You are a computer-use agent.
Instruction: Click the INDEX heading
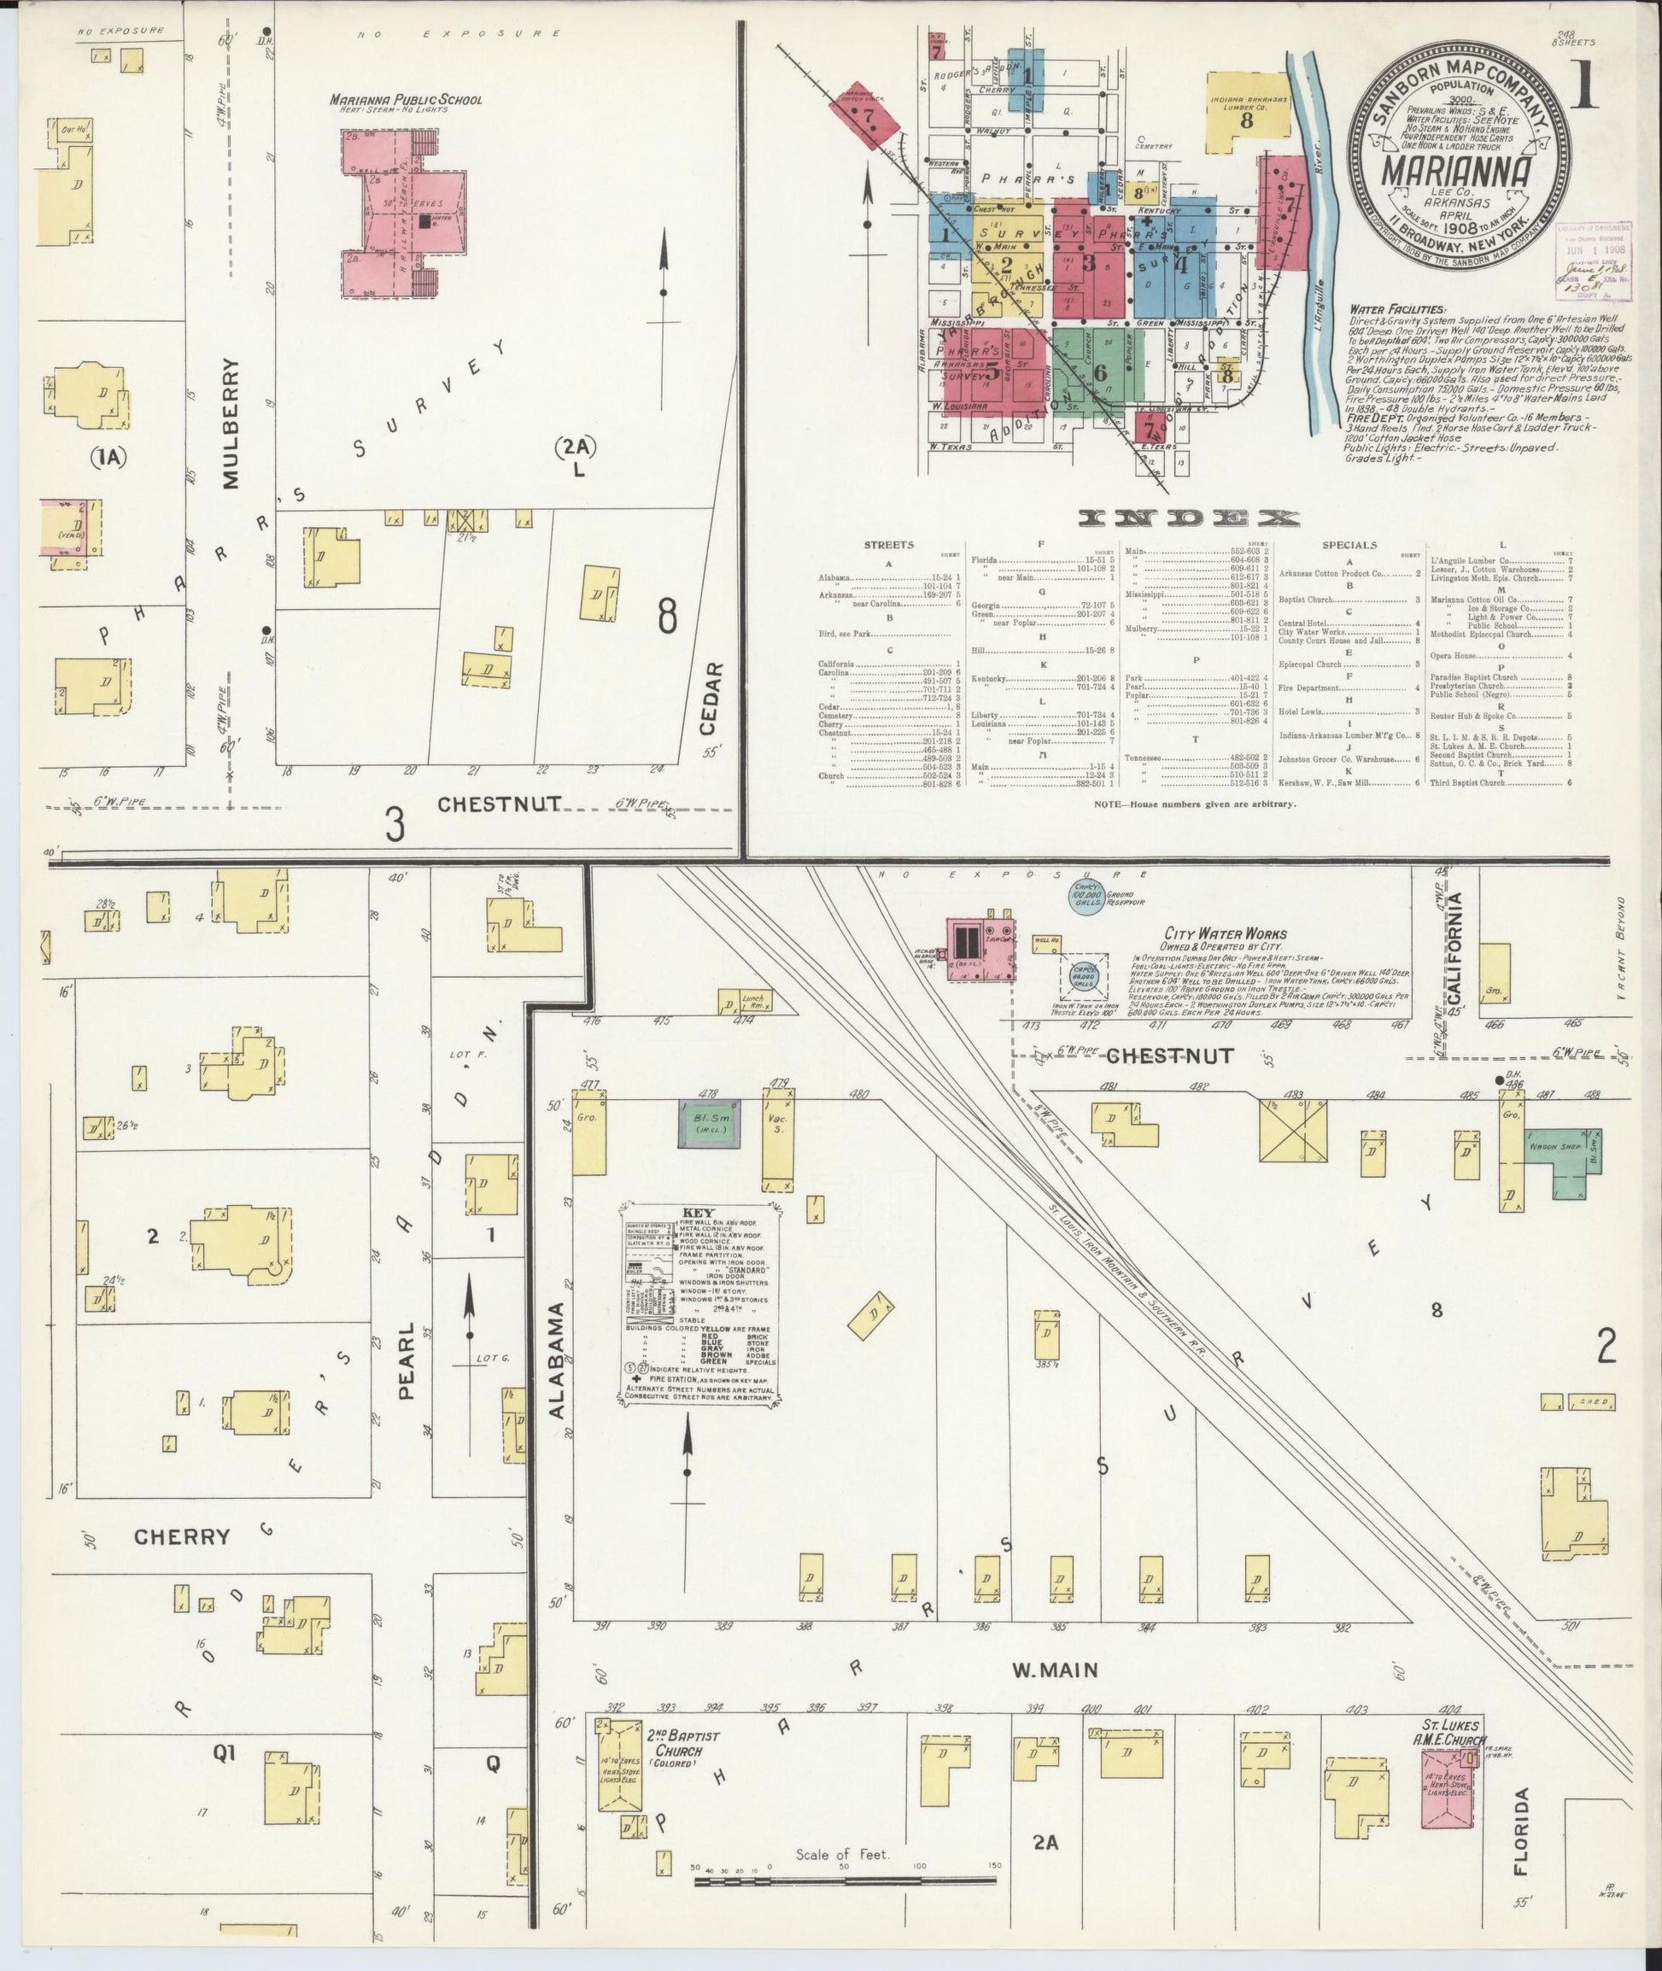coord(1189,518)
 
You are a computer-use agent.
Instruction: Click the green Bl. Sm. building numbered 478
coord(709,1124)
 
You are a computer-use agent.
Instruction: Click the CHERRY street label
coord(182,1536)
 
